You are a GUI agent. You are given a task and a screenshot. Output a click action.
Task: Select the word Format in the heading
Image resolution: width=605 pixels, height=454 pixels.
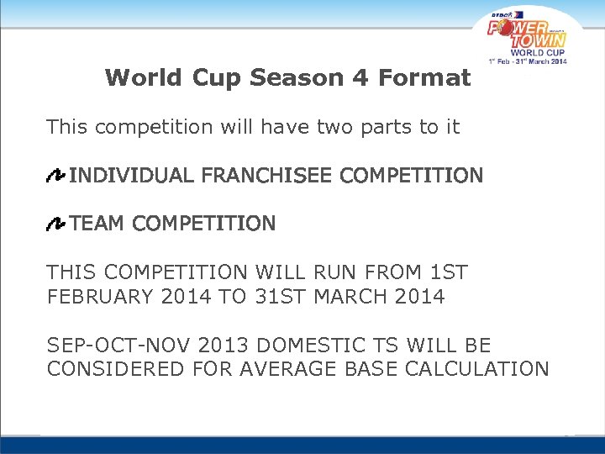423,78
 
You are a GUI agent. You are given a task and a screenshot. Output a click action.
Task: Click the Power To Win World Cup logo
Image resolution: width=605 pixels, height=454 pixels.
528,39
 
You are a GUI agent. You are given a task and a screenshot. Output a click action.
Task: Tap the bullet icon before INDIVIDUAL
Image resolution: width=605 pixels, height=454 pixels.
56,176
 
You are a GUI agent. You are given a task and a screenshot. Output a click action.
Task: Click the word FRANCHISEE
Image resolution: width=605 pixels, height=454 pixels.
268,176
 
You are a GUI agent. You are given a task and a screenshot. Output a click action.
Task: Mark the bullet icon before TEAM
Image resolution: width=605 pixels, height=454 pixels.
56,224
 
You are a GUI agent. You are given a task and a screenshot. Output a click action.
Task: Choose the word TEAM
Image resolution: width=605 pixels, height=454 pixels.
97,224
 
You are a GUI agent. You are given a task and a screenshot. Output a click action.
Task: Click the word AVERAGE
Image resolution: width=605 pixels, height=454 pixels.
280,369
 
